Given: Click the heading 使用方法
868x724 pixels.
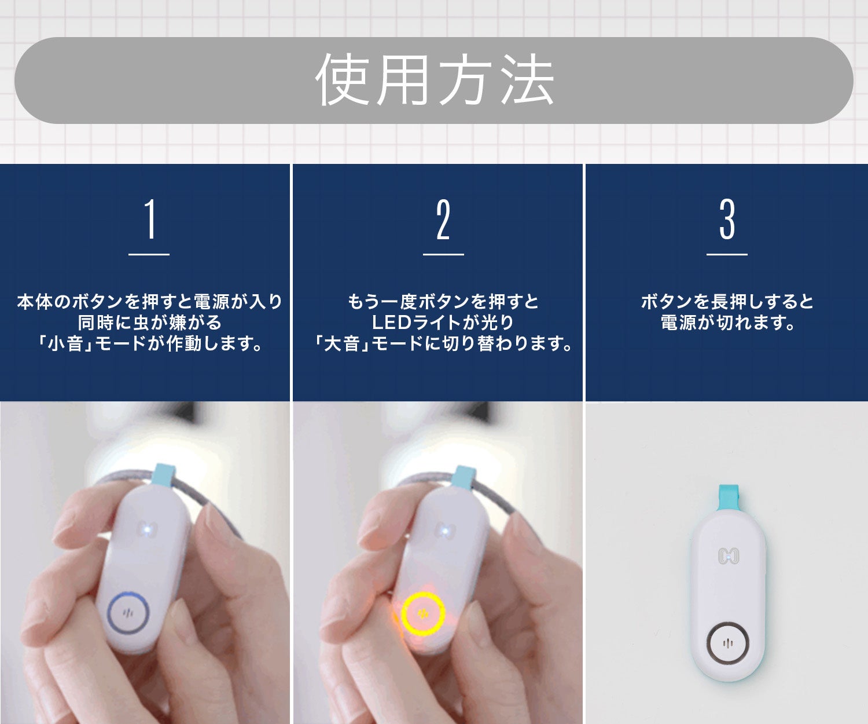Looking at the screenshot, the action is coord(435,80).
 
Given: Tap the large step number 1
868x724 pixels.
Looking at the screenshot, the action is coord(150,219).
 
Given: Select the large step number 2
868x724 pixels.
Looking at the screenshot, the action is coord(443,219).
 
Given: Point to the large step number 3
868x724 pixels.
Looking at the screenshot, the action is coord(727,219).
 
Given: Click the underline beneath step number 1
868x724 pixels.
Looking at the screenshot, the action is coord(149,254).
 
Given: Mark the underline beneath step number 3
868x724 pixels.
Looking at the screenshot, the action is coord(727,254).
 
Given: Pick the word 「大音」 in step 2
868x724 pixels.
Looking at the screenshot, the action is coord(341,343).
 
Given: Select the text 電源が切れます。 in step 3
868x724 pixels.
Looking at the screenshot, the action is coord(727,323).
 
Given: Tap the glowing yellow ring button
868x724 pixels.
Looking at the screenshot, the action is coord(423,614).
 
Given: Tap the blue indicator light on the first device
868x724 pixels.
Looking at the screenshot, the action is coord(148,530).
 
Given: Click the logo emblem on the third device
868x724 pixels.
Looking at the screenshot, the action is coord(729,555).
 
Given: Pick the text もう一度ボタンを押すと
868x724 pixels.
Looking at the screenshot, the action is coord(443,302).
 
